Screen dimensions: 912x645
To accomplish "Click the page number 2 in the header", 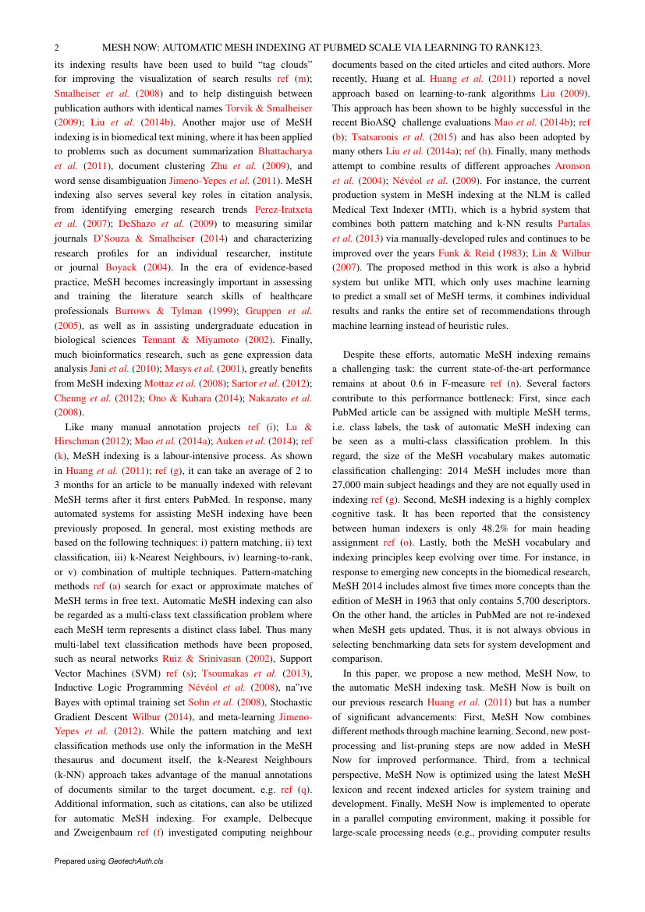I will pos(57,48).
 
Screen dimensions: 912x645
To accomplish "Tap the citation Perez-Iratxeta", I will pos(283,210).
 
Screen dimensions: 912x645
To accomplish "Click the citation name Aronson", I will pos(572,166).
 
